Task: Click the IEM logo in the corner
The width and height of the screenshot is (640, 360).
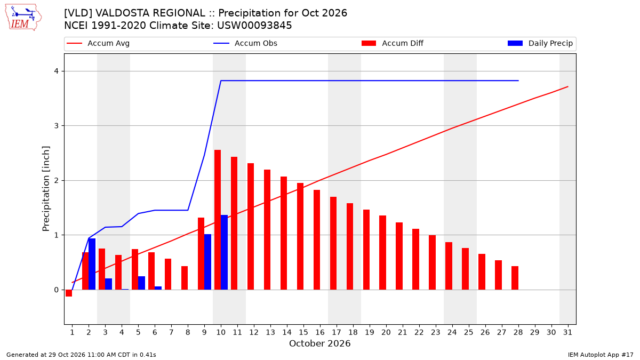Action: click(x=23, y=18)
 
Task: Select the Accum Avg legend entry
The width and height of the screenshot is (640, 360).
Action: click(x=98, y=43)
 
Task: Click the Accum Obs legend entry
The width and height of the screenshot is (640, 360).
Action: click(x=245, y=43)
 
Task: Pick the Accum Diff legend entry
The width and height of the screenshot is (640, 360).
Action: click(x=393, y=43)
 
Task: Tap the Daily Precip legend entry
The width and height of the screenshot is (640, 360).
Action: click(x=540, y=43)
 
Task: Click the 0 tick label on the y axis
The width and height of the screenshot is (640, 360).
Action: click(x=57, y=290)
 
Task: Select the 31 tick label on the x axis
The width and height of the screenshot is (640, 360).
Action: click(x=567, y=332)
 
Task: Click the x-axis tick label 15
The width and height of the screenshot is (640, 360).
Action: click(x=303, y=332)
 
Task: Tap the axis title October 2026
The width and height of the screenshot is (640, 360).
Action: click(x=319, y=343)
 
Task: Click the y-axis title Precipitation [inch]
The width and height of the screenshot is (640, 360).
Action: click(x=46, y=189)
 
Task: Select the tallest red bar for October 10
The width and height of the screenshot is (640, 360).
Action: click(x=218, y=220)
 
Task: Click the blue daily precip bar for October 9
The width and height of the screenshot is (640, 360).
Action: click(x=207, y=262)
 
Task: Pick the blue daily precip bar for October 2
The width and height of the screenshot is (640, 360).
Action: click(x=92, y=264)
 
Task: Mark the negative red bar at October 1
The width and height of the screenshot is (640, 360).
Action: click(x=69, y=293)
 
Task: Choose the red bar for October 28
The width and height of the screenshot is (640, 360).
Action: click(x=515, y=278)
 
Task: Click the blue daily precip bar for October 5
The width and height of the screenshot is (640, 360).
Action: click(x=141, y=283)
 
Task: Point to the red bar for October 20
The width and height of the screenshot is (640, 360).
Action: click(x=382, y=253)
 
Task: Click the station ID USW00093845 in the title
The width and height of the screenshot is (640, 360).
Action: click(x=254, y=26)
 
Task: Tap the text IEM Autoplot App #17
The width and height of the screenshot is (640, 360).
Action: click(x=601, y=355)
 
